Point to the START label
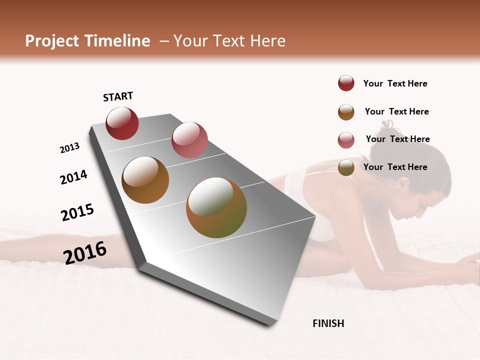[118, 96]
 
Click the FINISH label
[328, 323]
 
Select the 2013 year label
[69, 148]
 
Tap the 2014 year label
[73, 177]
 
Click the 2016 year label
[85, 252]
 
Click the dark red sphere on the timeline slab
[122, 123]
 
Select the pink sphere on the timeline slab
[189, 140]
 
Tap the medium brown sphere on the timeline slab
[145, 180]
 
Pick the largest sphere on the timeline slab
[216, 207]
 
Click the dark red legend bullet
[346, 83]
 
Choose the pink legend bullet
[346, 140]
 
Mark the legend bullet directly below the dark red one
[346, 112]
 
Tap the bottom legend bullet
[346, 167]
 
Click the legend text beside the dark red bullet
[395, 83]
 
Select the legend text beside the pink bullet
[397, 139]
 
